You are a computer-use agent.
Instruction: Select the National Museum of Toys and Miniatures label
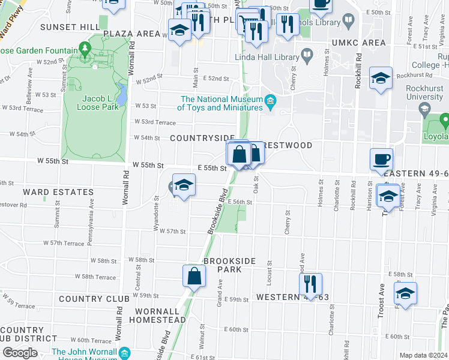[221, 103]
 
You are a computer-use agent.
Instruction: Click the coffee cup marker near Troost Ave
[382, 160]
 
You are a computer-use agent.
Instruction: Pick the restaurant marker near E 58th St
[310, 283]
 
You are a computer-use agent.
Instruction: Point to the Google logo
[20, 353]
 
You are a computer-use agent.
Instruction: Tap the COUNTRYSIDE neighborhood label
[202, 138]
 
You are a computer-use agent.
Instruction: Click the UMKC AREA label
[358, 43]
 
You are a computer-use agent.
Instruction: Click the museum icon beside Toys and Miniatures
[271, 100]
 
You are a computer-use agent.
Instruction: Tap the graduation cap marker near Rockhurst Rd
[381, 79]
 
